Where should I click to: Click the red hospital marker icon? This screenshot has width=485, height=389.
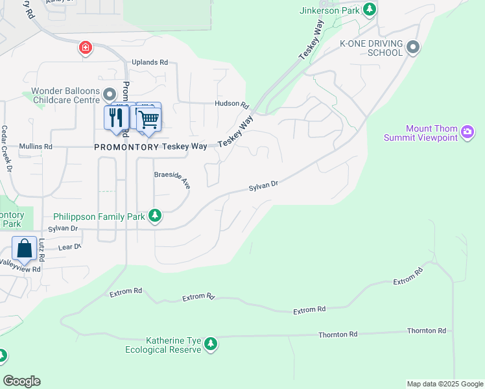point(85,47)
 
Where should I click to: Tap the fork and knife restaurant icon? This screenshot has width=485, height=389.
point(116,118)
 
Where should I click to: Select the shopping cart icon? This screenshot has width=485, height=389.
point(148,119)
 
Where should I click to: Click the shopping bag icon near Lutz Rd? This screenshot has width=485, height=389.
point(24,249)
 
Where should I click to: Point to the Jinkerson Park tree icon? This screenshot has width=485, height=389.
point(370,9)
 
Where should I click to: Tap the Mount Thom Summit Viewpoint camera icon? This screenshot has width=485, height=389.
point(467,133)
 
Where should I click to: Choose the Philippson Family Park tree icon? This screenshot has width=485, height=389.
point(154,216)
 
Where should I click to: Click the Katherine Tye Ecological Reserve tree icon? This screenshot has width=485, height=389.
point(210,344)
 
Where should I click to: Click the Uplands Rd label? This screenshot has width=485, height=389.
point(150,62)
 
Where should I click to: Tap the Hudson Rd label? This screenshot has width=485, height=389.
point(232,104)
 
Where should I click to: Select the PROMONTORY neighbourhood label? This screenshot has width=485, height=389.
point(126,147)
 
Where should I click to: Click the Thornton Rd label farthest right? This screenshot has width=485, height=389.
point(427,331)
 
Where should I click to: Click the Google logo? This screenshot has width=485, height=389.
point(21,381)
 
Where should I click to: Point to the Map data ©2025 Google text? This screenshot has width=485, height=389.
point(444,384)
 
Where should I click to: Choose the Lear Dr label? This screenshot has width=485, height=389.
point(69,247)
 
